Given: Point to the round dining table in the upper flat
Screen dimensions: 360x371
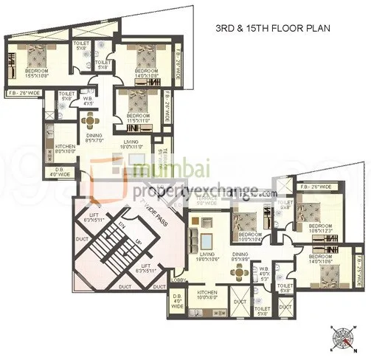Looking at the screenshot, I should pyautogui.click(x=90, y=121).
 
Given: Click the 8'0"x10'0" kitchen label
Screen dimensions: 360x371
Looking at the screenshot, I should pyautogui.click(x=66, y=150).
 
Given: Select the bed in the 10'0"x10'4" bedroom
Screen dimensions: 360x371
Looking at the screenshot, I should pyautogui.click(x=244, y=218).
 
